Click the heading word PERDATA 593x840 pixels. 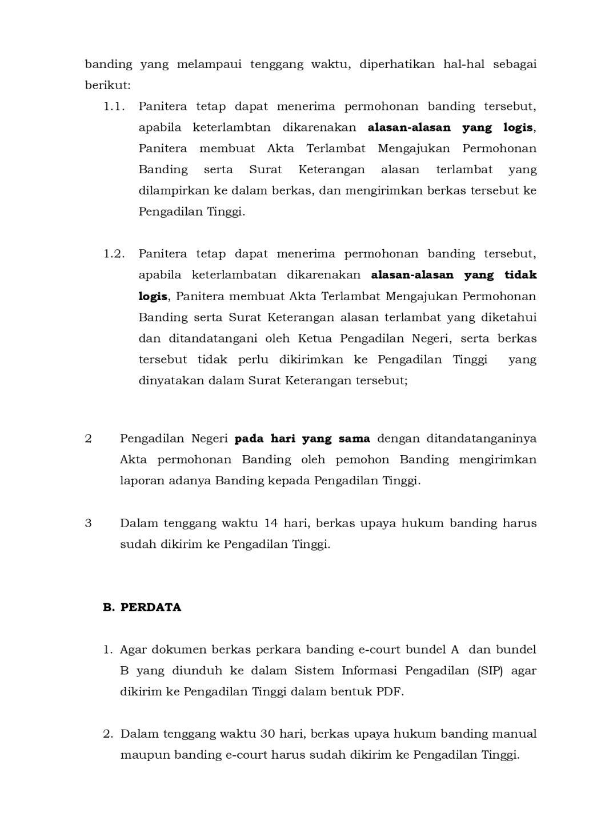coord(151,607)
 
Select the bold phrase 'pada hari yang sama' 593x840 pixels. coord(302,439)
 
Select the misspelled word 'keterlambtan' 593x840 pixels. coord(231,128)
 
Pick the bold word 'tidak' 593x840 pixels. coord(520,275)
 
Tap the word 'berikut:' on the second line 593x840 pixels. coord(107,86)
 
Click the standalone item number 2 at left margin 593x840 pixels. coord(88,439)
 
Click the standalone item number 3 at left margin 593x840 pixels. coord(88,523)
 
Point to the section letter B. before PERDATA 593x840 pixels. coord(109,607)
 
